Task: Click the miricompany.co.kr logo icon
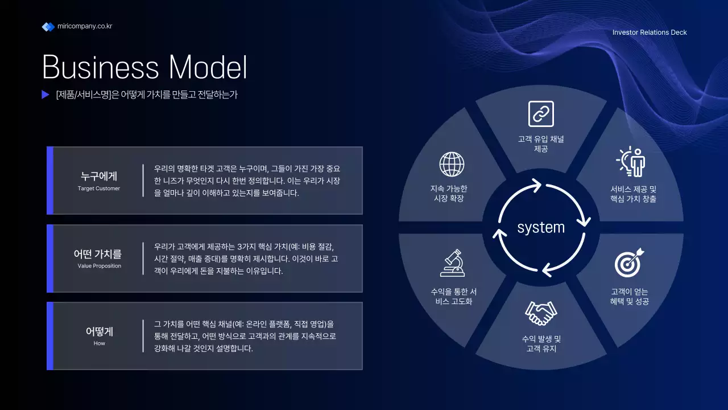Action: pos(48,27)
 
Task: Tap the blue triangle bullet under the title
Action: pos(45,95)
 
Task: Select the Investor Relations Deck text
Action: pos(650,32)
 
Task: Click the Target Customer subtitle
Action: pos(99,188)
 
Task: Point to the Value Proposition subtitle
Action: pos(100,266)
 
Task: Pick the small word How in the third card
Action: pos(100,343)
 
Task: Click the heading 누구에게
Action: pos(99,177)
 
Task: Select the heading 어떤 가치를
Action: pos(98,254)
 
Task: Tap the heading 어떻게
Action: pos(100,331)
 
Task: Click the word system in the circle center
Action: pos(541,228)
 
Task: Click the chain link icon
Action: pos(541,114)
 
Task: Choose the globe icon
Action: pos(452,164)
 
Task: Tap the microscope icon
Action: pos(452,263)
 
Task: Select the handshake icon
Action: pos(541,313)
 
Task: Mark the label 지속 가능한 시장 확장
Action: pos(449,194)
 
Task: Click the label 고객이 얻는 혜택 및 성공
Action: pos(629,297)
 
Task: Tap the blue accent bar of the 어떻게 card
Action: pos(50,336)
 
